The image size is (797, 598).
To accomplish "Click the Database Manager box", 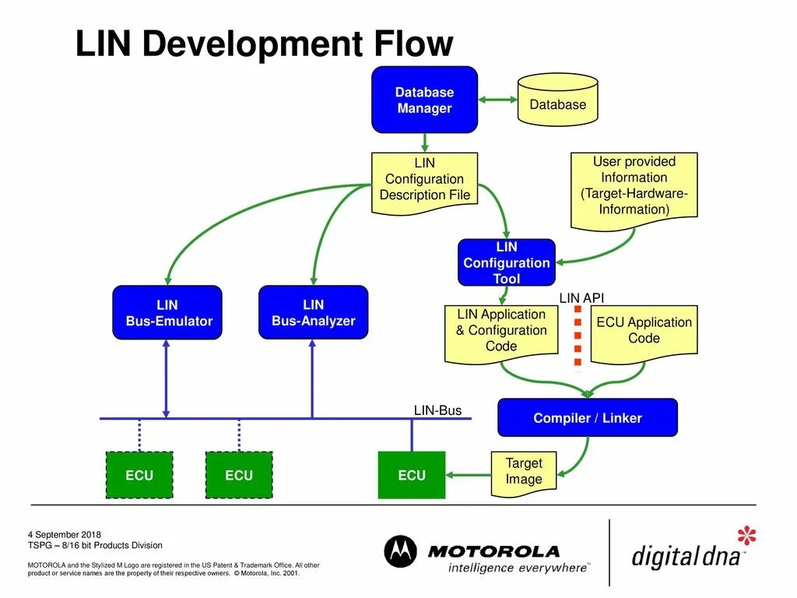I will point(424,100).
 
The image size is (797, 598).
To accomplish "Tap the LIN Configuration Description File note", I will point(424,179).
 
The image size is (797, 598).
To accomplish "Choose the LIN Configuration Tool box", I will point(506,262).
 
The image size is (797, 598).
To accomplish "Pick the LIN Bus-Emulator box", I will point(167,312).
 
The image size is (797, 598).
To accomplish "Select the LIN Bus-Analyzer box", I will point(313,312).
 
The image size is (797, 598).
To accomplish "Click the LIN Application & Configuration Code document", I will point(500,332).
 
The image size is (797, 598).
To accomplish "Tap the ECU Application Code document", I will point(644,332).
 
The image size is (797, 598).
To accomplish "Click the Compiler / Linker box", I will point(587,418).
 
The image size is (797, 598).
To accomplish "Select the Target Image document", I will point(523,472).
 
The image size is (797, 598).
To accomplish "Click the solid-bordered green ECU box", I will point(411,475).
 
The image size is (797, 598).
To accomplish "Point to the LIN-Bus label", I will point(437,410).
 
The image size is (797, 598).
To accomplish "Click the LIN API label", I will point(581,298).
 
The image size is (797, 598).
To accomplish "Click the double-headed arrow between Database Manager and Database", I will point(498,100).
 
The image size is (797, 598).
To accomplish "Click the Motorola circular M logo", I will point(401,551).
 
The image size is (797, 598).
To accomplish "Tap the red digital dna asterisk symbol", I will point(746,536).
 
